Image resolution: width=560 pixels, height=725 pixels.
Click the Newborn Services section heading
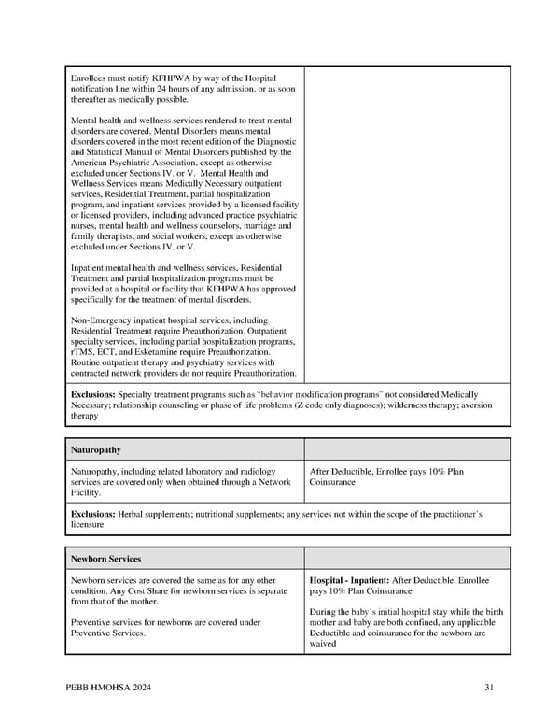[105, 559]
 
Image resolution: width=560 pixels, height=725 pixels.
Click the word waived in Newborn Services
[323, 644]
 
